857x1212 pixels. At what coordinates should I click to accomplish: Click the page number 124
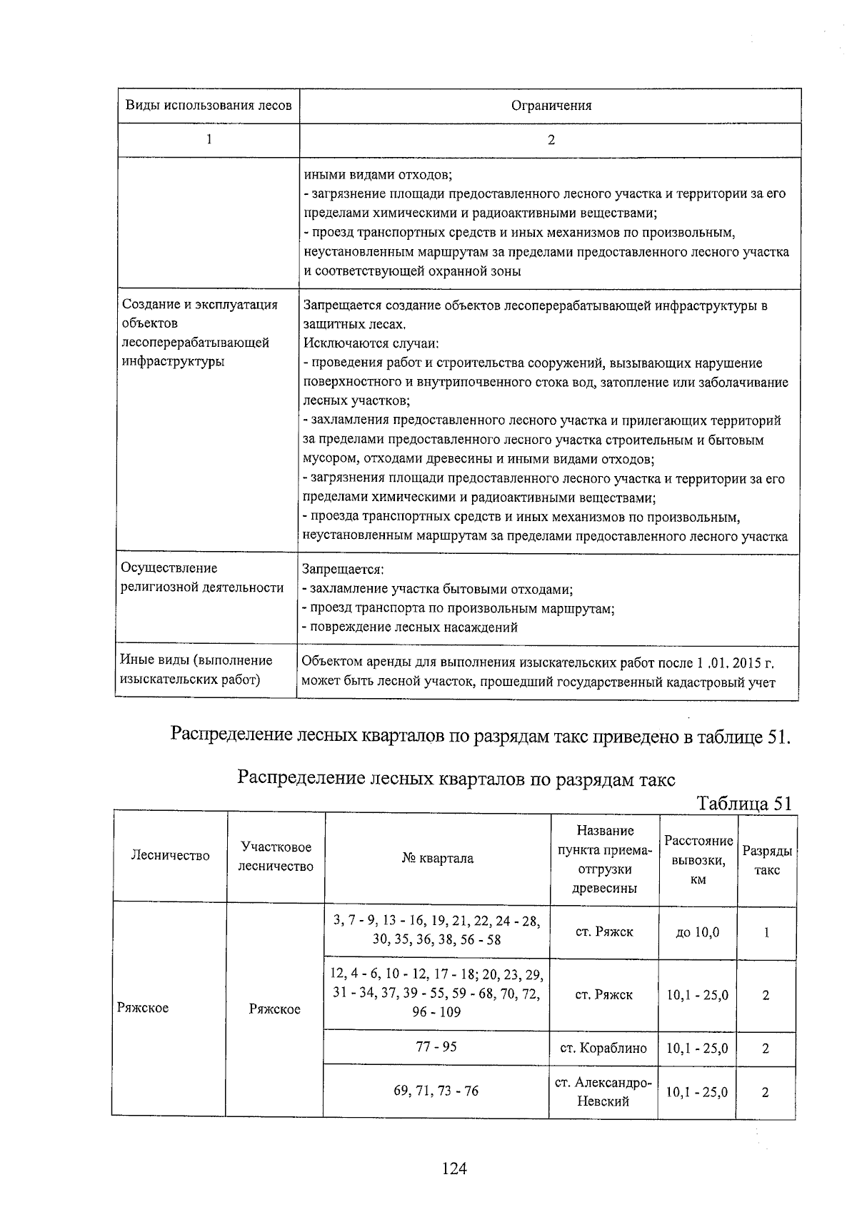pyautogui.click(x=454, y=1168)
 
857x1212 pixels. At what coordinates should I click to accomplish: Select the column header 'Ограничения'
pyautogui.click(x=551, y=106)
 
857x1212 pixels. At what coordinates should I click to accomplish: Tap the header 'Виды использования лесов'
pyautogui.click(x=209, y=106)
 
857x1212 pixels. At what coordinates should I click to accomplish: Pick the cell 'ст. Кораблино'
pyautogui.click(x=603, y=1048)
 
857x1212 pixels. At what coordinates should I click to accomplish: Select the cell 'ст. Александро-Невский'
pyautogui.click(x=603, y=1091)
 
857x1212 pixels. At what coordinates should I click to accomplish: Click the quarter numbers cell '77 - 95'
pyautogui.click(x=436, y=1046)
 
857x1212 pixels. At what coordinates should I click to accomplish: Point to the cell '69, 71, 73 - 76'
pyautogui.click(x=436, y=1091)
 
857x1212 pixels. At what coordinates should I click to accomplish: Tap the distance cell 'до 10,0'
pyautogui.click(x=697, y=932)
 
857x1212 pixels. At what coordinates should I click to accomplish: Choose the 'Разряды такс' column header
pyautogui.click(x=767, y=860)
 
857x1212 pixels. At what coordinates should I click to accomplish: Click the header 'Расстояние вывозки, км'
pyautogui.click(x=698, y=859)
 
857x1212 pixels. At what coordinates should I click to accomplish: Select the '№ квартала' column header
pyautogui.click(x=437, y=859)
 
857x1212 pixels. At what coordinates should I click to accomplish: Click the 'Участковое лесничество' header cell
pyautogui.click(x=276, y=857)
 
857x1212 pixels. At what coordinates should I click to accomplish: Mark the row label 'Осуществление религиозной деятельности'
pyautogui.click(x=202, y=577)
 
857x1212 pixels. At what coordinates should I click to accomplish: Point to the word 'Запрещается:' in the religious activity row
pyautogui.click(x=344, y=570)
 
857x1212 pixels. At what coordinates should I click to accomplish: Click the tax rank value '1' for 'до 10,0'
pyautogui.click(x=766, y=932)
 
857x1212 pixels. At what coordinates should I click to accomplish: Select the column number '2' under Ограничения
pyautogui.click(x=551, y=140)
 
